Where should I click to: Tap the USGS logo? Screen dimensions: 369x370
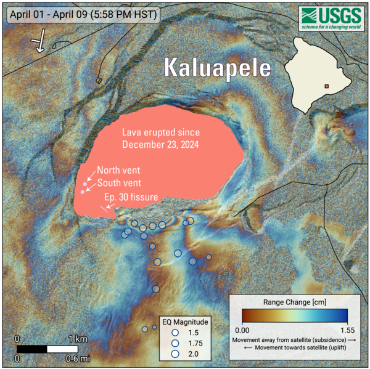pyautogui.click(x=331, y=19)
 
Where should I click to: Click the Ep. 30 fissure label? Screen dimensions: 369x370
pyautogui.click(x=131, y=197)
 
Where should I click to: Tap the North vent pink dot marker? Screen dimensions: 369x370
pyautogui.click(x=85, y=184)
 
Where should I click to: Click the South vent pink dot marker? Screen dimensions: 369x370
pyautogui.click(x=82, y=192)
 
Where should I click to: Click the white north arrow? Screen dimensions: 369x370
pyautogui.click(x=39, y=42)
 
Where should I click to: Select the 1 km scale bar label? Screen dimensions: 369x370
pyautogui.click(x=77, y=339)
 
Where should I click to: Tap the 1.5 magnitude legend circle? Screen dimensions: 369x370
pyautogui.click(x=175, y=333)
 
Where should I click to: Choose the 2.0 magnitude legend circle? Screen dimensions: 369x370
pyautogui.click(x=175, y=354)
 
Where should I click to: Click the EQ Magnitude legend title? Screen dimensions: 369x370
pyautogui.click(x=185, y=322)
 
